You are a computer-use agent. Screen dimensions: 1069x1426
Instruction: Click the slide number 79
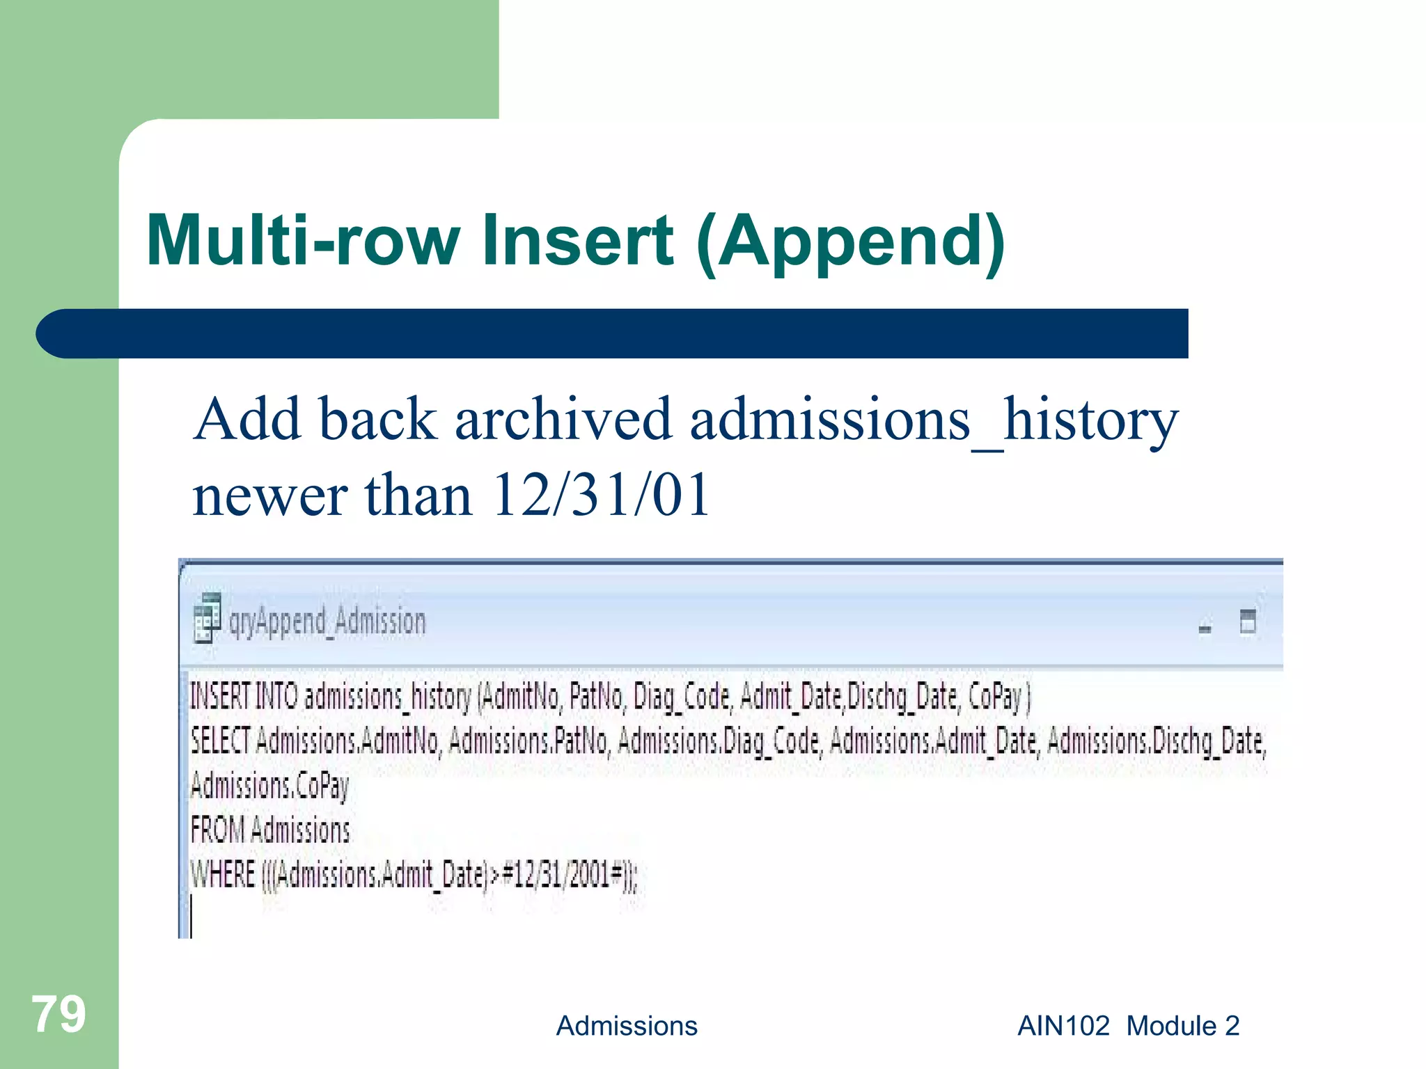[58, 1015]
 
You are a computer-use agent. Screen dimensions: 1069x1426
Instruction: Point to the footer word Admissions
[626, 1026]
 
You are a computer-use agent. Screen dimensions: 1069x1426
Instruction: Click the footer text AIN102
[1063, 1026]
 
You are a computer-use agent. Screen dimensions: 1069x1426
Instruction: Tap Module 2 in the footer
[1182, 1026]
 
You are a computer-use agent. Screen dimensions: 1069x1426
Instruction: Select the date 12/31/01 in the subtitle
[600, 495]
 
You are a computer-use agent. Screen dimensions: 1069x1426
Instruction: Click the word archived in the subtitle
[563, 420]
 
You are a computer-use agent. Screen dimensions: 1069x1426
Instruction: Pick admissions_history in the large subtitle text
[933, 420]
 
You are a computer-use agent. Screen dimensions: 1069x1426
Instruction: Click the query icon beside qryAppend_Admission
[207, 619]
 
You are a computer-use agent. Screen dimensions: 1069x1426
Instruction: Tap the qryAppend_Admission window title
[327, 621]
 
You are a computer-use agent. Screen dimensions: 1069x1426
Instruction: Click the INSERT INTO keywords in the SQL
[244, 697]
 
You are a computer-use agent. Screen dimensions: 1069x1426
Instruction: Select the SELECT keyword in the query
[220, 741]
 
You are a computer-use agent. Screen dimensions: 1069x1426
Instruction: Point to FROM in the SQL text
[217, 830]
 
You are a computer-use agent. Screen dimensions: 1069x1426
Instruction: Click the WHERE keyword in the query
[223, 874]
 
